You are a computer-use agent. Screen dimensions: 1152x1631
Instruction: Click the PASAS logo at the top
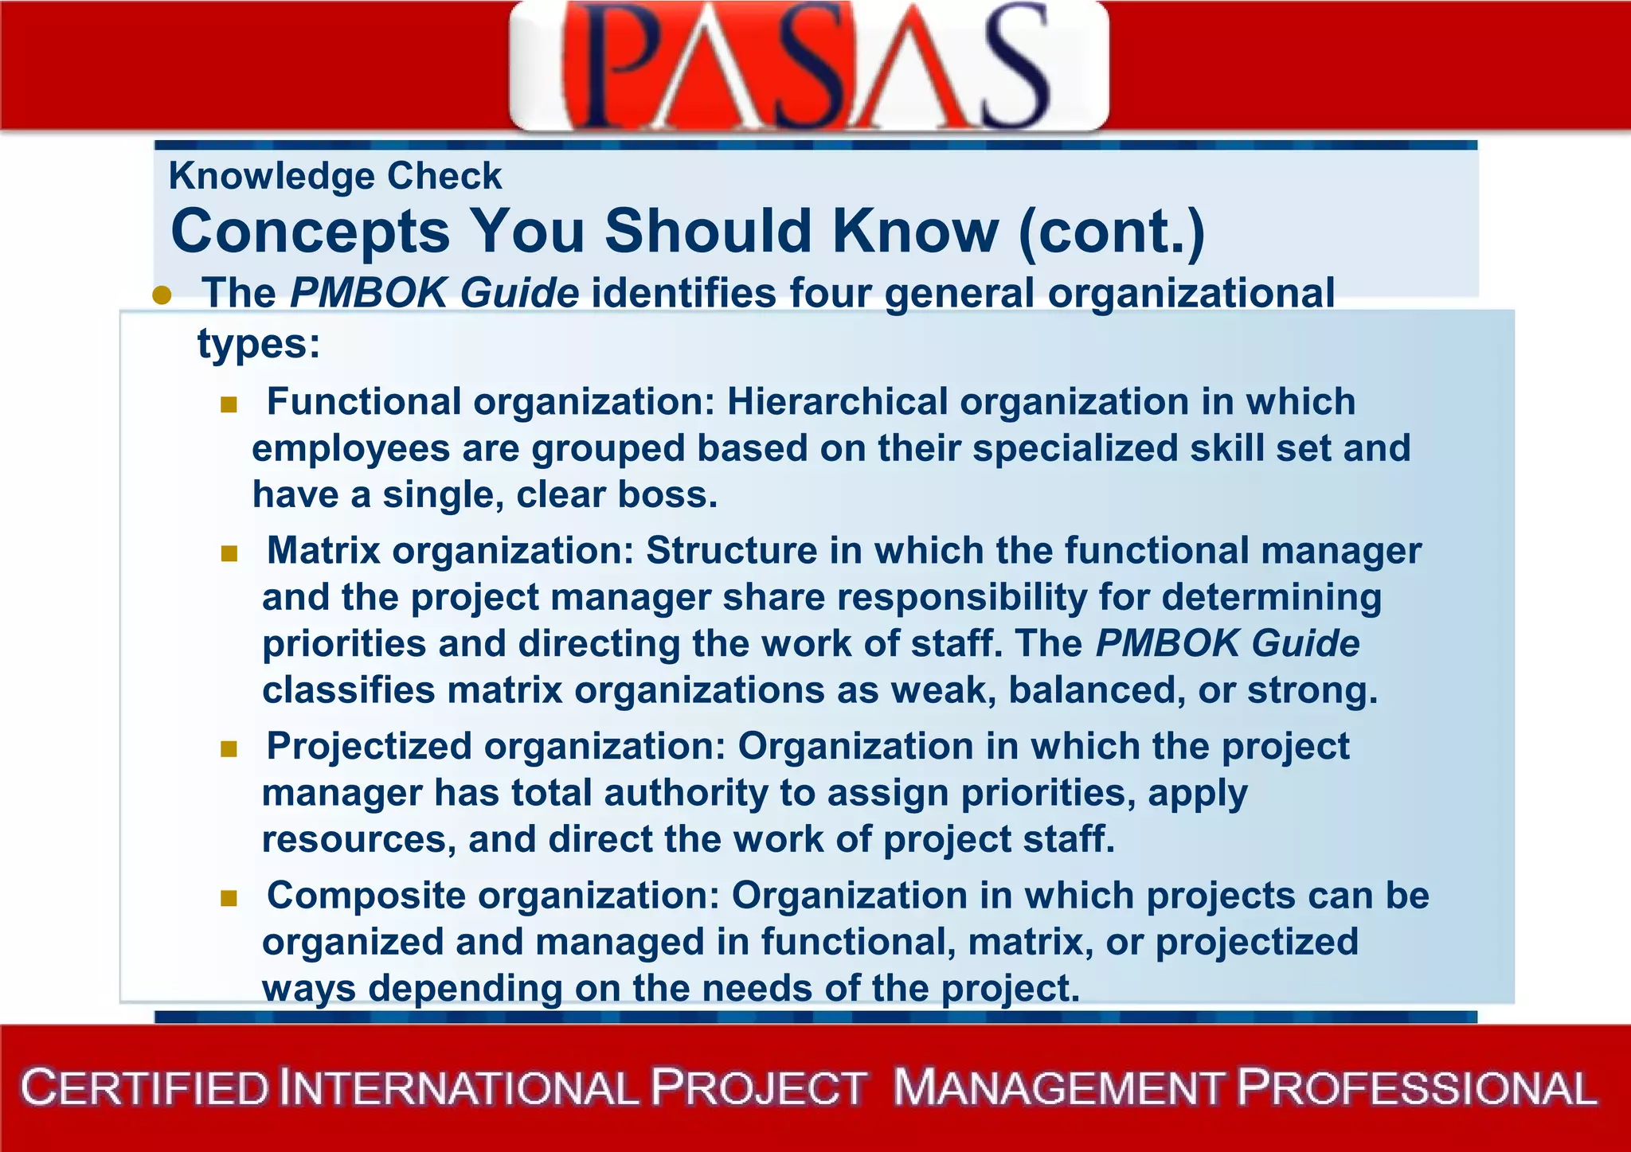click(808, 65)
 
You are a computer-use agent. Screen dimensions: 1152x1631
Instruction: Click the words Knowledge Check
click(335, 176)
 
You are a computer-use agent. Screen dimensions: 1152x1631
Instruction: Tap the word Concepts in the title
click(311, 232)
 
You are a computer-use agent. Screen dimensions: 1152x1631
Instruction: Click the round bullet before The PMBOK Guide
click(162, 295)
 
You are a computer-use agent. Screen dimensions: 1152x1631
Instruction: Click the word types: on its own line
click(259, 344)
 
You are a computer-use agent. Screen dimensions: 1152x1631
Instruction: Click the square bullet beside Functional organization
click(229, 404)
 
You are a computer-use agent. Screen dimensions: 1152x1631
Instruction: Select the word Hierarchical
click(837, 401)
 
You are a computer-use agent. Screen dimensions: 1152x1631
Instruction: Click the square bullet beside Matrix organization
click(229, 553)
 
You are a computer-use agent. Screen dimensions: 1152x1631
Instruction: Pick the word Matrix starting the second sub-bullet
click(323, 551)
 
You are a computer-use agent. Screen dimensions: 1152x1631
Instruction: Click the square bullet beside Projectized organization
click(229, 749)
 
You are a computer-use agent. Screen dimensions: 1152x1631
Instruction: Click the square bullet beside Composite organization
click(229, 899)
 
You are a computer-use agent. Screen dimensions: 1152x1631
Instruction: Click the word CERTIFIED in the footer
click(145, 1088)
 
